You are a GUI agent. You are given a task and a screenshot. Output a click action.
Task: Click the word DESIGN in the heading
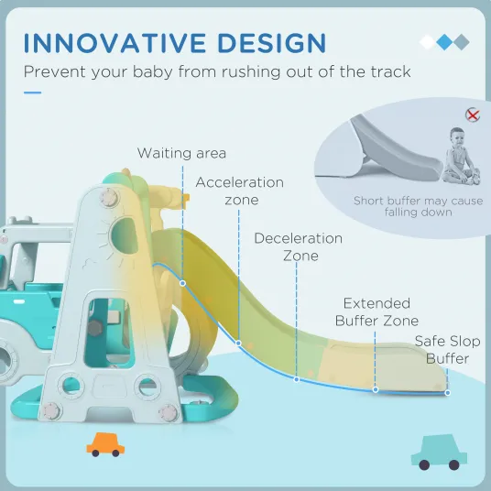click(x=272, y=42)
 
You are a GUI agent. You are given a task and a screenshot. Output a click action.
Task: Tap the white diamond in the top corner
click(x=428, y=42)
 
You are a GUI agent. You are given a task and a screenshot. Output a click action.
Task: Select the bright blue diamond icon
click(x=444, y=42)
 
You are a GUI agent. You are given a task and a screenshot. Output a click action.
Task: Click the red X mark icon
click(x=473, y=115)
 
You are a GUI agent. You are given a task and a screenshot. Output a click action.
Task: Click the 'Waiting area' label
click(x=181, y=154)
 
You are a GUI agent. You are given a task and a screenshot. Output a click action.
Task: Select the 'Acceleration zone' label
click(x=240, y=191)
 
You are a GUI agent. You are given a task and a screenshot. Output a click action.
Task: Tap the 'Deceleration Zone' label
click(x=299, y=247)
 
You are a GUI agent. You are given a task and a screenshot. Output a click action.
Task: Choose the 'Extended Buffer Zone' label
click(x=376, y=312)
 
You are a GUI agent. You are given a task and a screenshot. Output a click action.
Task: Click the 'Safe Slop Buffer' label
click(x=447, y=350)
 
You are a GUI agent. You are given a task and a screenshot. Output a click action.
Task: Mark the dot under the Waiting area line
click(x=182, y=283)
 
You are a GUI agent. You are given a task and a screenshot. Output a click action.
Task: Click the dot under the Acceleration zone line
click(x=238, y=344)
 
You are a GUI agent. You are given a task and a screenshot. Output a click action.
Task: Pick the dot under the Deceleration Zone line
click(x=297, y=379)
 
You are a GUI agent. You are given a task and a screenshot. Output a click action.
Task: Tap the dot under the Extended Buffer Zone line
click(x=376, y=390)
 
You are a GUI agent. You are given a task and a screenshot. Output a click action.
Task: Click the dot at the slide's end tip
click(x=447, y=393)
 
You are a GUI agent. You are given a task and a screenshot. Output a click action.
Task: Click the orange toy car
click(x=105, y=444)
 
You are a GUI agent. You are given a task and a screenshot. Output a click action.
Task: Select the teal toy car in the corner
click(x=439, y=453)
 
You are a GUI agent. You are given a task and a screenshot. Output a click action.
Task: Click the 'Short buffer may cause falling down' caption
click(x=418, y=206)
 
